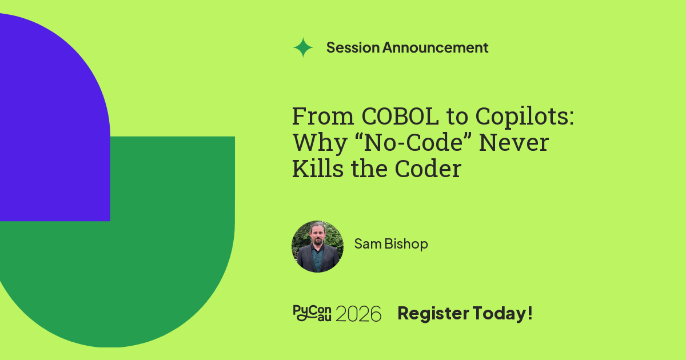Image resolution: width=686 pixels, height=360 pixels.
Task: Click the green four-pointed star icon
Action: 303,47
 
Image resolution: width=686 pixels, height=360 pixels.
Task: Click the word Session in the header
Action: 353,47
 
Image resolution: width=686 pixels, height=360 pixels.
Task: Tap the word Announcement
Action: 435,47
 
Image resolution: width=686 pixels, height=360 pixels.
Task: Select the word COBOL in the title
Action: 400,117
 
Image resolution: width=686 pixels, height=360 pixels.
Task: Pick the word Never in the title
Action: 513,143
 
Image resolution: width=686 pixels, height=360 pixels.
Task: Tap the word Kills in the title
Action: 318,169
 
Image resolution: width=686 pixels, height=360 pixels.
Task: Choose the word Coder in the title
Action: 428,169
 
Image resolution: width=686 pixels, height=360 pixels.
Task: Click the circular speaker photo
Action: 317,246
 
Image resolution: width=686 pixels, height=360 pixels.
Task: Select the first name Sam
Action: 368,243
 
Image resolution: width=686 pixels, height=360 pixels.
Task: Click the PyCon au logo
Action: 312,313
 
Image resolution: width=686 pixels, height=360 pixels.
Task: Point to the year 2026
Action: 358,314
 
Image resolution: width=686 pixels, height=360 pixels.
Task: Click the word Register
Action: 433,314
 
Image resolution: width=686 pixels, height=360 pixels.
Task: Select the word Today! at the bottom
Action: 502,314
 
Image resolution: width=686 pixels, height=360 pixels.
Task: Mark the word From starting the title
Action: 323,117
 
